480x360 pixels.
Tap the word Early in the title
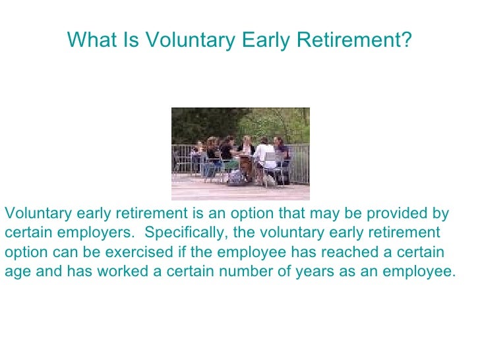(x=265, y=41)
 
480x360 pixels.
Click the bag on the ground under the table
(x=235, y=178)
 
